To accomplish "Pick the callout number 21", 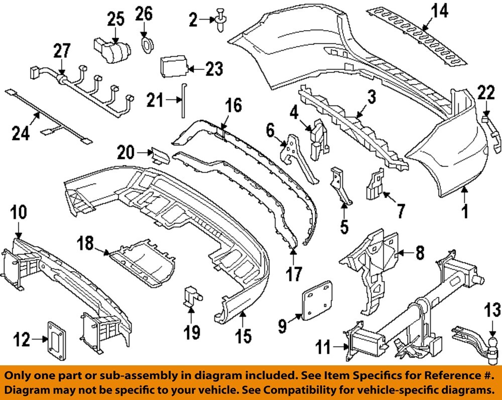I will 155,101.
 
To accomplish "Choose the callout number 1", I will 465,211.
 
